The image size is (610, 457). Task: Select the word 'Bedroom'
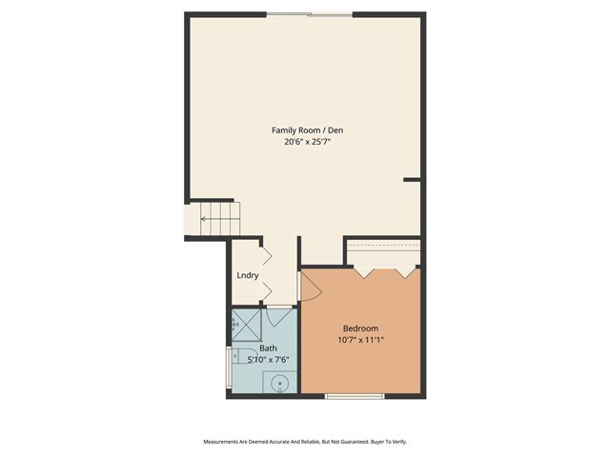coord(360,328)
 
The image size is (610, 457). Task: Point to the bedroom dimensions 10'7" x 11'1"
coord(360,340)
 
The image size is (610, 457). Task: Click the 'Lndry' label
coord(248,276)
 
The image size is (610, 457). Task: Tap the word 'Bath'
coord(269,348)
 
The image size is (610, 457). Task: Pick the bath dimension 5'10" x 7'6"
coord(268,360)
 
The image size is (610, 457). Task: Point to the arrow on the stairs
coord(204,220)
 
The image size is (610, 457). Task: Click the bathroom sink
coord(279,384)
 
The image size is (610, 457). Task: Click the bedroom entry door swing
coord(309,287)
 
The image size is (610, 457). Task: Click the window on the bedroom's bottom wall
coord(355,394)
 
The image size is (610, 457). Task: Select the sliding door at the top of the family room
coord(309,13)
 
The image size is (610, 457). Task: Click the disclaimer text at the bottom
coord(306,442)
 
